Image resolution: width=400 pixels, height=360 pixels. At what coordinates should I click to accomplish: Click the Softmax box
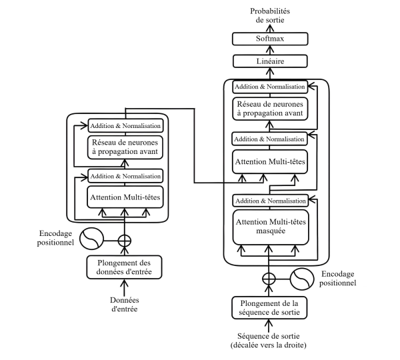269,39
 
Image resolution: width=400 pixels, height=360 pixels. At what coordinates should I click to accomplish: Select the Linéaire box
269,62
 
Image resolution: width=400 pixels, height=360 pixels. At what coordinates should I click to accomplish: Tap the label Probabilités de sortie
269,15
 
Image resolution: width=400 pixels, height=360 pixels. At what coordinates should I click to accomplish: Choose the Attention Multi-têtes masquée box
269,227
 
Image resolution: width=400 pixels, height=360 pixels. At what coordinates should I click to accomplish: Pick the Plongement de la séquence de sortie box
269,307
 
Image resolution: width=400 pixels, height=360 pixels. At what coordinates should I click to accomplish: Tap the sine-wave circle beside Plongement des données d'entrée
90,238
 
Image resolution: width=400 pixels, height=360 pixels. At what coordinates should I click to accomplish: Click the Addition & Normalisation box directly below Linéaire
269,87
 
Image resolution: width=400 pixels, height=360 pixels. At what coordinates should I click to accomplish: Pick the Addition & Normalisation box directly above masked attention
269,200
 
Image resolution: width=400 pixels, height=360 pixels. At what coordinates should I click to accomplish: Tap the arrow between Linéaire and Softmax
269,51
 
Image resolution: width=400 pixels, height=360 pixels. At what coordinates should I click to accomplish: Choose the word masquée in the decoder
269,233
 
